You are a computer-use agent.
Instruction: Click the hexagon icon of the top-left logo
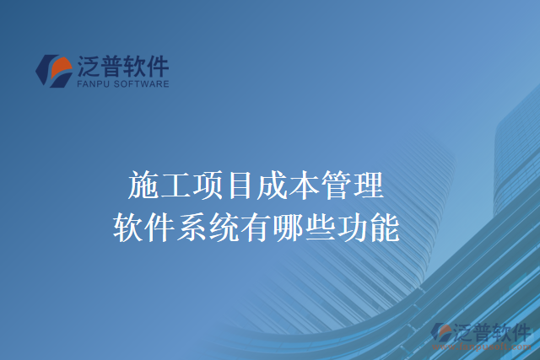(x=53, y=70)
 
